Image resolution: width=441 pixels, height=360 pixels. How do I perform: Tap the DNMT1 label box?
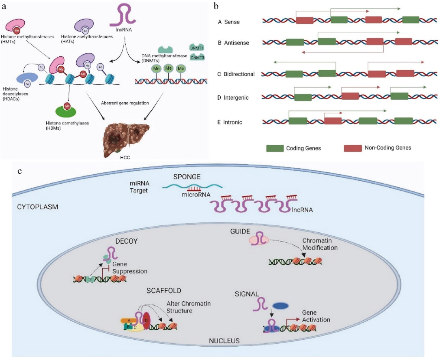coord(197,48)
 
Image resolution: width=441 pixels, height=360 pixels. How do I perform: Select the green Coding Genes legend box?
coord(278,148)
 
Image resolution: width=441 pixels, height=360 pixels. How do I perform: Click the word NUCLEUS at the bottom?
coord(224,340)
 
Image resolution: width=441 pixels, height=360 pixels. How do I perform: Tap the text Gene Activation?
coord(316,317)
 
